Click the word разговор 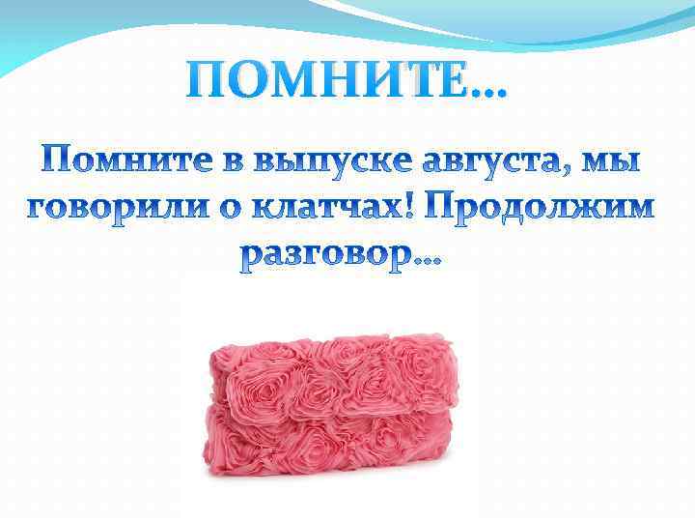pyautogui.click(x=324, y=254)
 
